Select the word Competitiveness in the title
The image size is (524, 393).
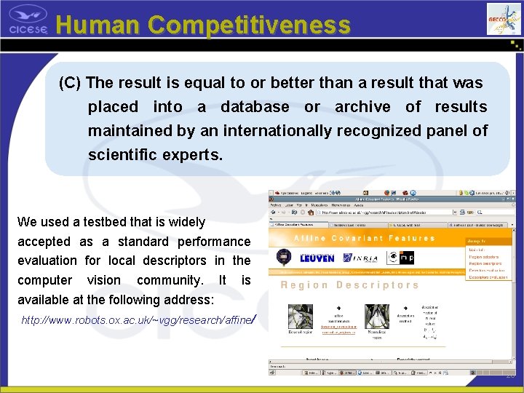pos(250,25)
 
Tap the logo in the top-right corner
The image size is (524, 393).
pos(504,17)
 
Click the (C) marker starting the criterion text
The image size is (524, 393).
pos(70,83)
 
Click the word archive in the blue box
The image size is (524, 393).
pos(362,107)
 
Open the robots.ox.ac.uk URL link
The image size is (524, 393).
pos(138,319)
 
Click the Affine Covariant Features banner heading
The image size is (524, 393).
pos(364,239)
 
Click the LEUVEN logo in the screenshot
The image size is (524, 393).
pos(317,258)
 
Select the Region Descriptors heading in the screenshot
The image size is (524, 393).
pos(349,285)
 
